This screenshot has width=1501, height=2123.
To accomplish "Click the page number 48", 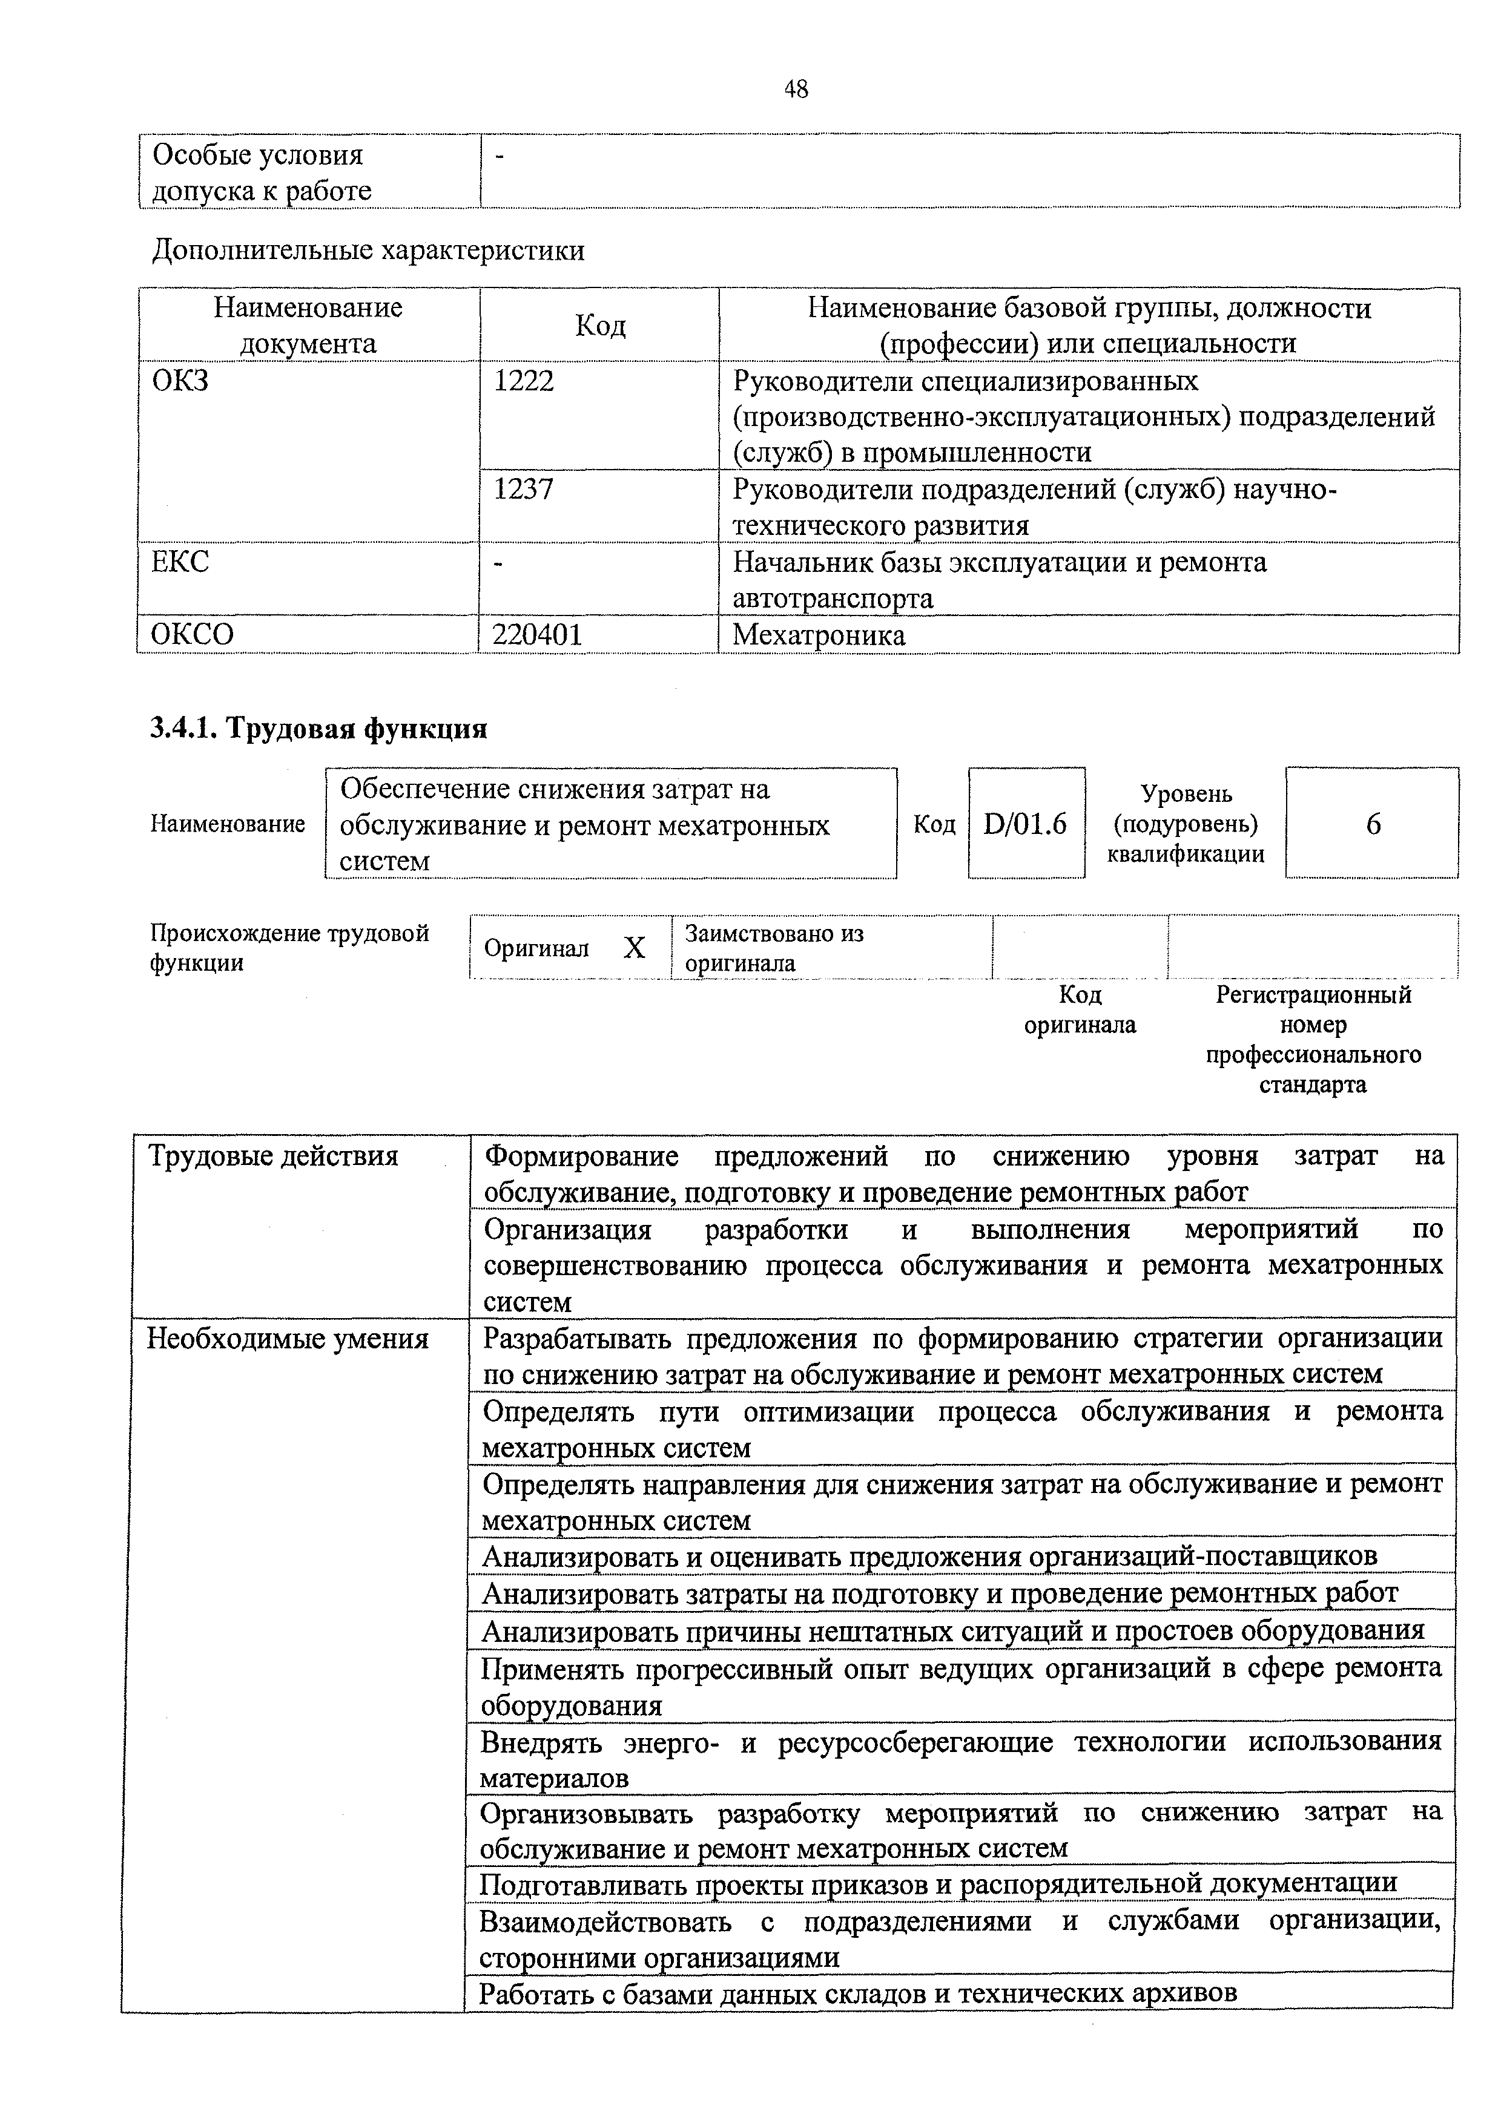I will coord(796,89).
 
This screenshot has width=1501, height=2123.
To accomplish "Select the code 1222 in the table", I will coord(524,381).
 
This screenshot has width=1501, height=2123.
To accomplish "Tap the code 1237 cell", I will coord(524,489).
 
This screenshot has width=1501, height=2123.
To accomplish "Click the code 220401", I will coord(537,634).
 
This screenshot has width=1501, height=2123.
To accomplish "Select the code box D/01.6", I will coord(1026,823).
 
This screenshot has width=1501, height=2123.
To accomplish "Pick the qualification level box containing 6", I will coord(1373,823).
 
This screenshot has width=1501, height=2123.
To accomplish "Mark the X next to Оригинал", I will coord(633,948).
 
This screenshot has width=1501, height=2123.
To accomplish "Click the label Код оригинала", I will coord(1079,1009).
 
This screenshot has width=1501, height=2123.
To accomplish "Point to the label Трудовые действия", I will coord(274,1156).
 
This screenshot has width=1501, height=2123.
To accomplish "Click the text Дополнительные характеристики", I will coord(368,251).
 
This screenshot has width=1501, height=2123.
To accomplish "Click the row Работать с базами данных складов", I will coord(857,1993).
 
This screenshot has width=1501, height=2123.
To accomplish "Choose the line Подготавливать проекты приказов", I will coord(938,1883).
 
